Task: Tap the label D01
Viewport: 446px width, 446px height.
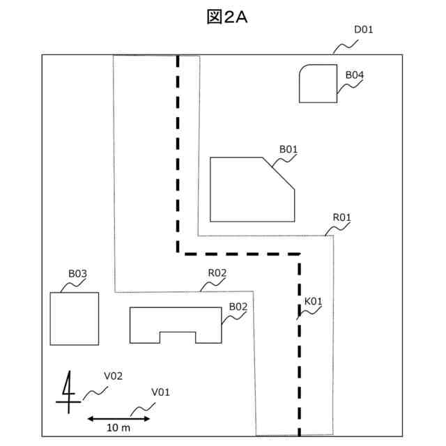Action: coord(364,29)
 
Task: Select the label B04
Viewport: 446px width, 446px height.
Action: coord(355,75)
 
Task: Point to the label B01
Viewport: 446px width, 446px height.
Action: coord(289,148)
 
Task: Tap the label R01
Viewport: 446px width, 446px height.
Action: coord(341,218)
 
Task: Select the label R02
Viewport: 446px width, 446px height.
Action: coord(217,272)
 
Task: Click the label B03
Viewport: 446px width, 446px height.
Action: coord(77,274)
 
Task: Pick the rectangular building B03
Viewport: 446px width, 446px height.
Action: coord(75,318)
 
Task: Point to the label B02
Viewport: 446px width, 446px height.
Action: coord(238,306)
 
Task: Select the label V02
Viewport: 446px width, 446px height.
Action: coord(113,376)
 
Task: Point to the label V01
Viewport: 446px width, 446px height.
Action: coord(160,392)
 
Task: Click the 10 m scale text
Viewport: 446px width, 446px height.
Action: coord(118,426)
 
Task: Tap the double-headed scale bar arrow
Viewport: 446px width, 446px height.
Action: coord(118,418)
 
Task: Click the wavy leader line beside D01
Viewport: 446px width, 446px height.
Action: coord(346,47)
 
